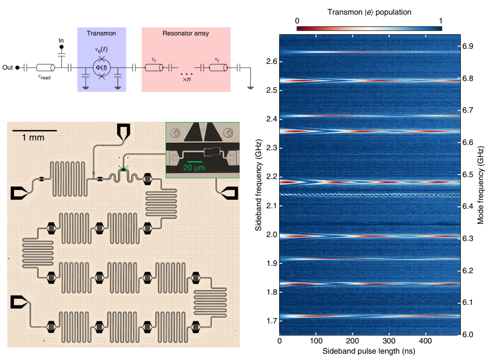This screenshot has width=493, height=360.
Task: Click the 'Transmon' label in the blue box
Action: pyautogui.click(x=101, y=33)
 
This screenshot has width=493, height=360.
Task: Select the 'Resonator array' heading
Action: pyautogui.click(x=185, y=33)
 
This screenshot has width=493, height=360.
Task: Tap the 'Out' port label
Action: pyautogui.click(x=7, y=68)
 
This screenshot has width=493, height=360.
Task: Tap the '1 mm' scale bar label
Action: pyautogui.click(x=33, y=138)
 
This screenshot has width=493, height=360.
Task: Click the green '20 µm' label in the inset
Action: pyautogui.click(x=194, y=167)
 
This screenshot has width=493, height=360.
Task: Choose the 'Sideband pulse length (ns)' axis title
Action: pyautogui.click(x=369, y=350)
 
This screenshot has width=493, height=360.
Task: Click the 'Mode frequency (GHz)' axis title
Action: pyautogui.click(x=481, y=185)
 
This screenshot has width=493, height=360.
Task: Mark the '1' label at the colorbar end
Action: pyautogui.click(x=441, y=21)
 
